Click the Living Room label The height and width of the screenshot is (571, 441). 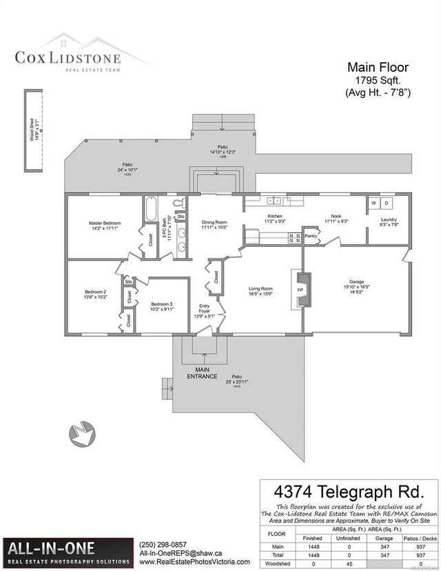[x=261, y=292]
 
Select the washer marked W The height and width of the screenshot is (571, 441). [x=374, y=203]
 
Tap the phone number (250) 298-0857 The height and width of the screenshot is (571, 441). [x=163, y=544]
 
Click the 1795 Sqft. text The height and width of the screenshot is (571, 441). [x=378, y=81]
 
